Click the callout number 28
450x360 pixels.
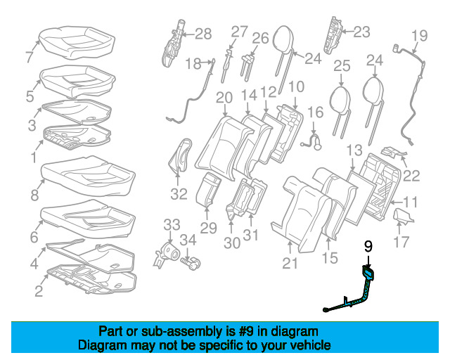click(x=202, y=33)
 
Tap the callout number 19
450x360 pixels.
click(x=419, y=35)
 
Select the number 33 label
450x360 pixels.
click(x=172, y=225)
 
